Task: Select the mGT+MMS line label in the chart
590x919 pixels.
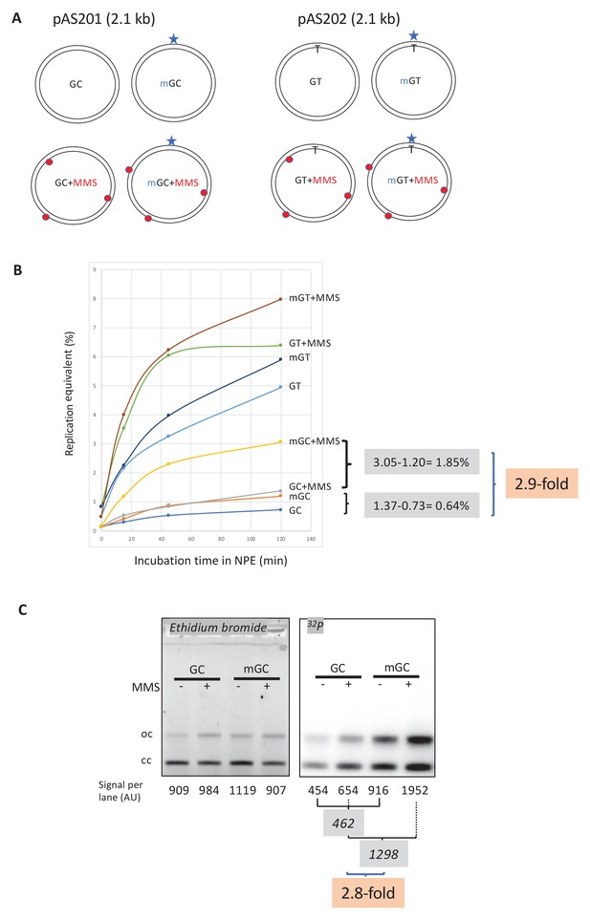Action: point(314,299)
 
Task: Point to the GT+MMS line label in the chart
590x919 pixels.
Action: point(310,342)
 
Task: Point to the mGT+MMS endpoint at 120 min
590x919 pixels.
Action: point(280,299)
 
